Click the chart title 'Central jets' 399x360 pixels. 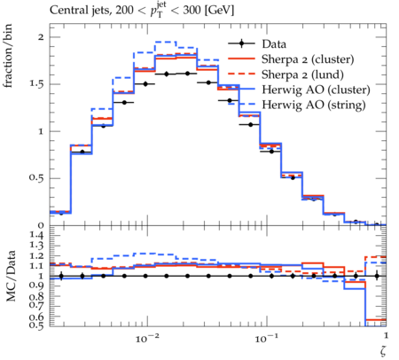pyautogui.click(x=80, y=11)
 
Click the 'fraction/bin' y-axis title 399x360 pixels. pyautogui.click(x=8, y=56)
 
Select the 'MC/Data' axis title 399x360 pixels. pyautogui.click(x=11, y=276)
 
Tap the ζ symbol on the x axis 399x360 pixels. pyautogui.click(x=383, y=350)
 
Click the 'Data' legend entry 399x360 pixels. pyautogui.click(x=274, y=44)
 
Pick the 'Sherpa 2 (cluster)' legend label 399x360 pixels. pyautogui.click(x=308, y=59)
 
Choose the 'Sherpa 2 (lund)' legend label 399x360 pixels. pyautogui.click(x=302, y=74)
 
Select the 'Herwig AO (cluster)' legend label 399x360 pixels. pyautogui.click(x=316, y=90)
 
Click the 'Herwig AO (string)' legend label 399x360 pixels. pyautogui.click(x=314, y=105)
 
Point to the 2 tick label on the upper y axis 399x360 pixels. pyautogui.click(x=41, y=37)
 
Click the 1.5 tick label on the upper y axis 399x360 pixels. pyautogui.click(x=37, y=84)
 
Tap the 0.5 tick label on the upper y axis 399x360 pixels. pyautogui.click(x=36, y=178)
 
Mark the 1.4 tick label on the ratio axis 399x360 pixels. pyautogui.click(x=37, y=235)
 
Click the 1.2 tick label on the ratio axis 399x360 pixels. pyautogui.click(x=37, y=256)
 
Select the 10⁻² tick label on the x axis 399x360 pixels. pyautogui.click(x=146, y=338)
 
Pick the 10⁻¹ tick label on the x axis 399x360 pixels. pyautogui.click(x=266, y=338)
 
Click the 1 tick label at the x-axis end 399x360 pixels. pyautogui.click(x=386, y=335)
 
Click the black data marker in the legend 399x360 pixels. pyautogui.click(x=242, y=43)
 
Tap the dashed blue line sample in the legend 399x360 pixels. pyautogui.click(x=241, y=104)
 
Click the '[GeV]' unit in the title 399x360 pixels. pyautogui.click(x=219, y=11)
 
